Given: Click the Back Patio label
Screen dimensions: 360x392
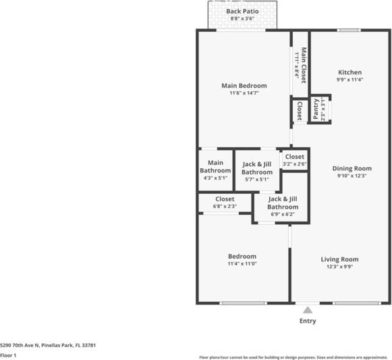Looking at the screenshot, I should tap(243, 11).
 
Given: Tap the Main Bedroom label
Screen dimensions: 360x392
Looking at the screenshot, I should tap(244, 86).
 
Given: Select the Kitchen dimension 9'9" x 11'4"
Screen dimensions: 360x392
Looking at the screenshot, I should tap(349, 80).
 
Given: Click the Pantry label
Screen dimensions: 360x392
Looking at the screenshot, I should tap(316, 109).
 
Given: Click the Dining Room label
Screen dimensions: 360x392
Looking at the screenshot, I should tap(352, 168).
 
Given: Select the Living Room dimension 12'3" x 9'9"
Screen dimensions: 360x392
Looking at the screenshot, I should tap(339, 267).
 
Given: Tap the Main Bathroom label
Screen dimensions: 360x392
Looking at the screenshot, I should tap(215, 167).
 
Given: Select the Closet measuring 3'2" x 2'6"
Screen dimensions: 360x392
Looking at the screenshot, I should tap(294, 160).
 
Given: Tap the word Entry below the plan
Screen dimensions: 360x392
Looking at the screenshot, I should tap(308, 321).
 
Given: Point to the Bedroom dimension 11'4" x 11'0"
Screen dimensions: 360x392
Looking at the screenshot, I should tap(242, 264).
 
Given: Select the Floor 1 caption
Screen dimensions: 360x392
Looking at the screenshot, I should tap(8, 355).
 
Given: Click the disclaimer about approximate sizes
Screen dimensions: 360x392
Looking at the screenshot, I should tap(293, 357).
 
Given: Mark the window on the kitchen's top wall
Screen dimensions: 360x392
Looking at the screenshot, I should tap(348, 30).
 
